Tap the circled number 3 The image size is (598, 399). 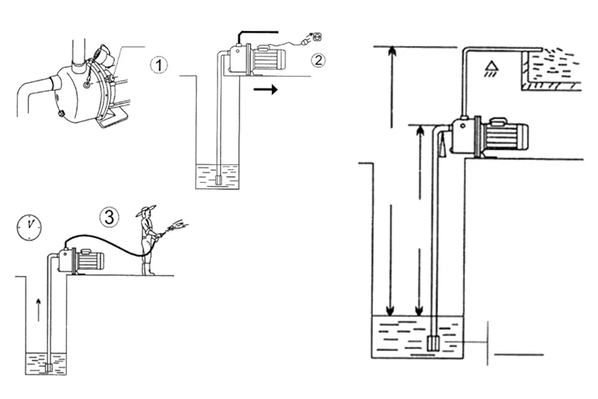(110, 215)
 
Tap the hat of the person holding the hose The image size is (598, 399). (146, 212)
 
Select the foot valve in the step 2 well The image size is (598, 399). (218, 180)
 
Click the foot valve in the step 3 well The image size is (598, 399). (49, 368)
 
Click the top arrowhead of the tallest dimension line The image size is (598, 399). (390, 52)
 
